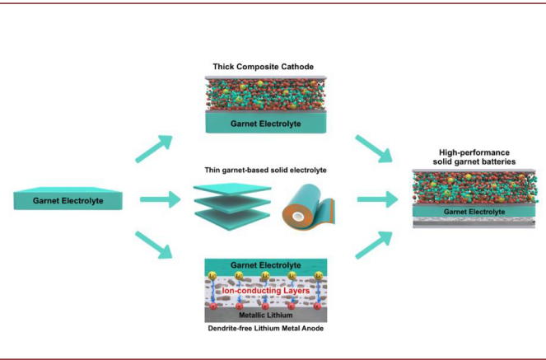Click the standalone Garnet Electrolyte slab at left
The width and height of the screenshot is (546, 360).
[x=69, y=200]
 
